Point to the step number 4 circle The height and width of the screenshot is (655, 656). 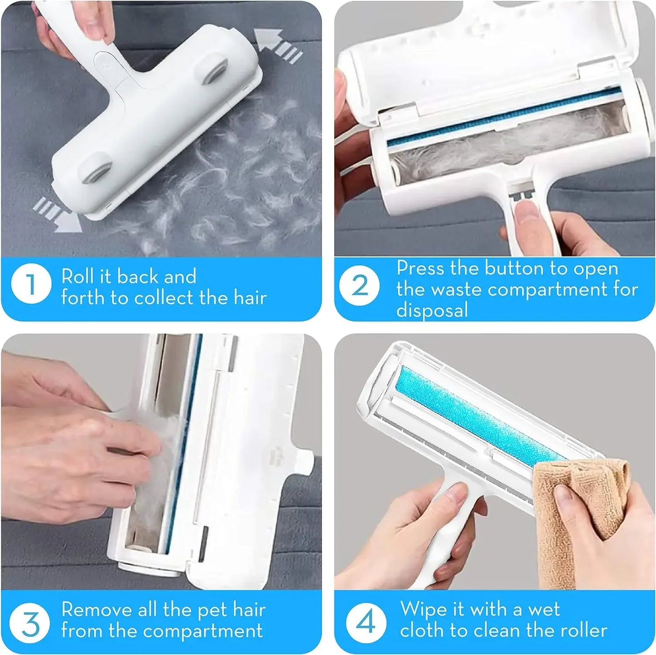click(365, 621)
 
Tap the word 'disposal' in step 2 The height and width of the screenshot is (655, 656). click(432, 310)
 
